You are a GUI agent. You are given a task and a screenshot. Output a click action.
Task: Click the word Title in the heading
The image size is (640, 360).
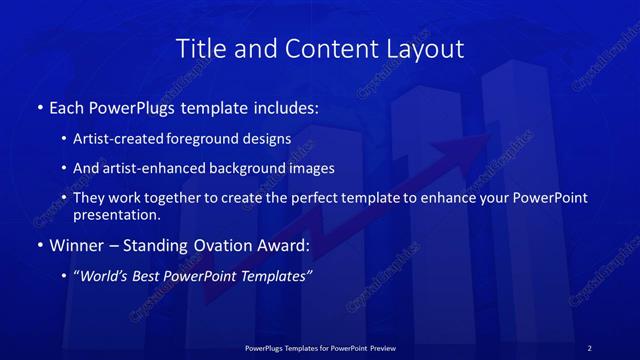pyautogui.click(x=199, y=49)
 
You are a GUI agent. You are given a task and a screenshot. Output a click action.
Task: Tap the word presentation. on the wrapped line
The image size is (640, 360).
pyautogui.click(x=117, y=214)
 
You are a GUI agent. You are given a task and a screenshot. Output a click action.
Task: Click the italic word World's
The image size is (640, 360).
pyautogui.click(x=103, y=276)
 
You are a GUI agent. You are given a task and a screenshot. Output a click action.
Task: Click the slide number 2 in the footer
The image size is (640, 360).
pyautogui.click(x=590, y=348)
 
